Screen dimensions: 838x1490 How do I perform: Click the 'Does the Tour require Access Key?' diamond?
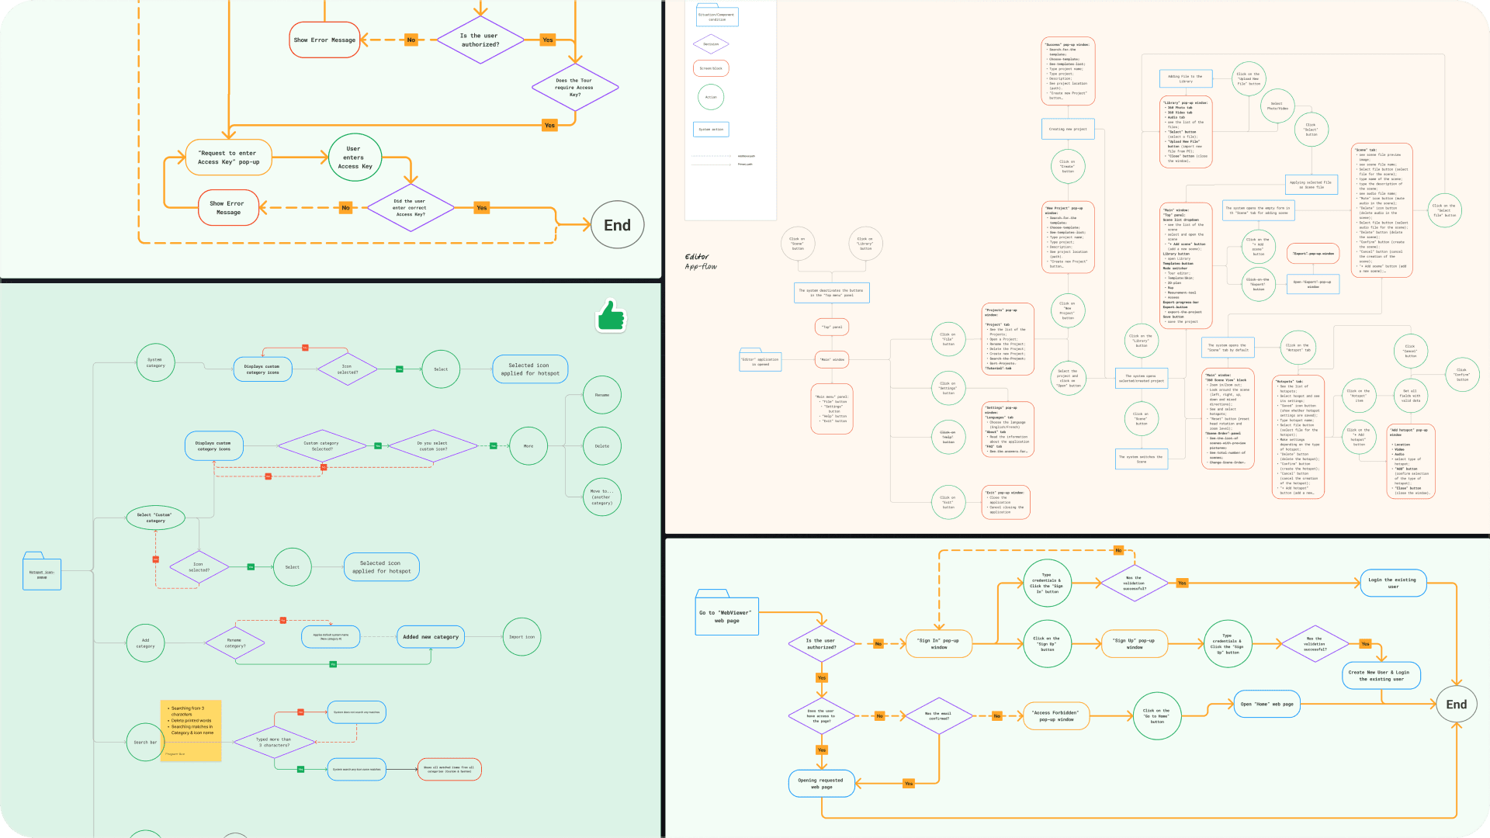click(x=574, y=87)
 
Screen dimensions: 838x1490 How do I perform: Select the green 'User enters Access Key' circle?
click(x=355, y=158)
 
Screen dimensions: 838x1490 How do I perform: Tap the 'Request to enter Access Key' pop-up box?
click(x=229, y=158)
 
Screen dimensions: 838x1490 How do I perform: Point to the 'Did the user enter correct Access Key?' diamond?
click(x=409, y=208)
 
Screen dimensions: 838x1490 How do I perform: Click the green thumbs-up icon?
click(x=612, y=316)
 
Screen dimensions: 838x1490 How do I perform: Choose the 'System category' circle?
click(x=155, y=362)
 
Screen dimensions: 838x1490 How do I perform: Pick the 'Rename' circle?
click(x=602, y=395)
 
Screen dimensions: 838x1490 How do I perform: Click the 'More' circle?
click(x=528, y=446)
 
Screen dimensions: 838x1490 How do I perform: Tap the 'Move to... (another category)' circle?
click(x=602, y=497)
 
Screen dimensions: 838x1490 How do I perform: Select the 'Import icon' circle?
click(x=521, y=637)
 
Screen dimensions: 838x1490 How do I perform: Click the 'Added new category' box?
click(x=431, y=637)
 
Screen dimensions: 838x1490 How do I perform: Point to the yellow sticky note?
click(x=191, y=730)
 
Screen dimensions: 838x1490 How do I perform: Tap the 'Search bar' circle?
click(x=145, y=743)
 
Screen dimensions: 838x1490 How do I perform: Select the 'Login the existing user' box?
click(x=1393, y=583)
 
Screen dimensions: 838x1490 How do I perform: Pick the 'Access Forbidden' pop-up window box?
click(x=1055, y=715)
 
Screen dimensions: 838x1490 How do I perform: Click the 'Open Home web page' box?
click(x=1266, y=705)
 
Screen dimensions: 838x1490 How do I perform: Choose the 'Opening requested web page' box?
click(x=821, y=784)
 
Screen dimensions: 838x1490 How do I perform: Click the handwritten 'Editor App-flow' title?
click(x=701, y=261)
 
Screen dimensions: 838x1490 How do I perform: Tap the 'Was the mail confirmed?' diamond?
click(x=939, y=715)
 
